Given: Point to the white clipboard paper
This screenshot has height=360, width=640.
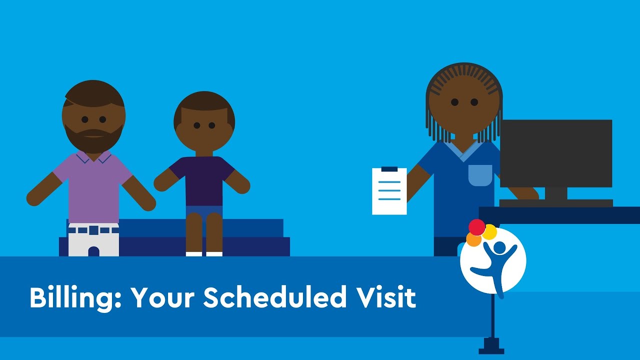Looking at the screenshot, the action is [x=389, y=191].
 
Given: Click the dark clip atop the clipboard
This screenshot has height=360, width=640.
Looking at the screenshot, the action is [x=389, y=169].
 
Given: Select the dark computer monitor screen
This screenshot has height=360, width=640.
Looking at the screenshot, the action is [x=556, y=153].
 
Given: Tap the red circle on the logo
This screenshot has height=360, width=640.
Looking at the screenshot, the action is [x=477, y=227].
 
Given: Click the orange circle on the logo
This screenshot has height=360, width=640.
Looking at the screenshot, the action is [x=473, y=239].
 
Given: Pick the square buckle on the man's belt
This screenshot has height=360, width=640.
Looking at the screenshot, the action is [x=93, y=230].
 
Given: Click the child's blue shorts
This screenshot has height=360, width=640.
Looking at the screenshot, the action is [x=204, y=212].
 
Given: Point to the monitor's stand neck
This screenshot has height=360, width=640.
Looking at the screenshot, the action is [x=556, y=193].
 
